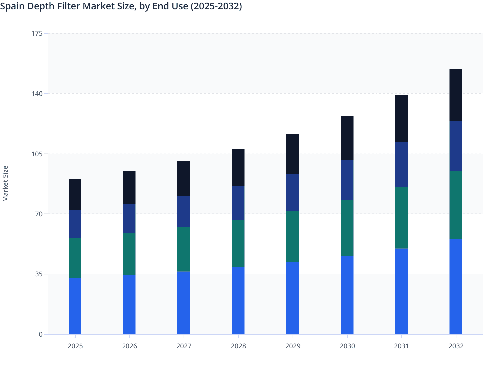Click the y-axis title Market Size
pos(5,184)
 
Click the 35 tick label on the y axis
pos(39,274)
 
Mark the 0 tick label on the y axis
pos(41,334)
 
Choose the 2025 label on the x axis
pos(75,346)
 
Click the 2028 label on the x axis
pos(238,346)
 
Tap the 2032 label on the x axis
pos(456,346)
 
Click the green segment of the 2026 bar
pos(129,254)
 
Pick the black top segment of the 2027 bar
pos(184,178)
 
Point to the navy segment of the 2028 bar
pos(238,203)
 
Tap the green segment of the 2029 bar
pos(293,236)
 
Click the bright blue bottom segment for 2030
pos(347,295)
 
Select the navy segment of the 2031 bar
pos(401,165)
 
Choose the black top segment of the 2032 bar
pos(456,95)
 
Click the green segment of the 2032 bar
pos(456,205)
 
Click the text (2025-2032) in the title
pos(216,6)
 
